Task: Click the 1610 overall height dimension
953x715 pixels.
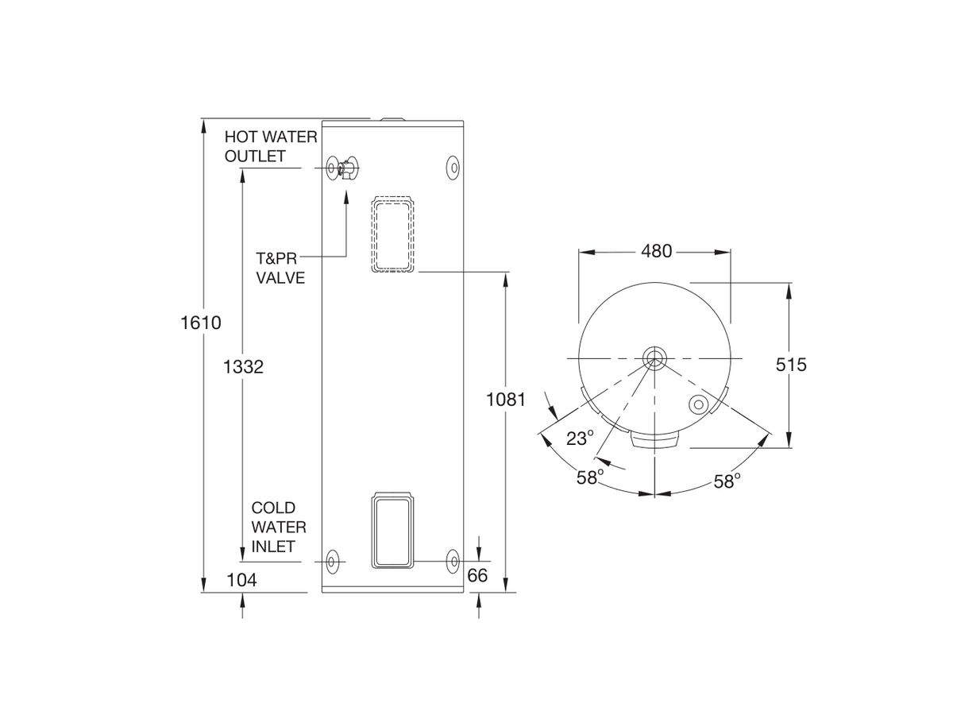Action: tap(201, 323)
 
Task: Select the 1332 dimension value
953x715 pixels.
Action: tap(242, 367)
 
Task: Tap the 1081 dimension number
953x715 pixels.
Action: tap(506, 400)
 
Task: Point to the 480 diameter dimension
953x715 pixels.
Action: tap(656, 252)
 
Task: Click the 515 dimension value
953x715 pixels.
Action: tap(790, 365)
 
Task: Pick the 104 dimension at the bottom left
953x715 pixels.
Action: tap(241, 580)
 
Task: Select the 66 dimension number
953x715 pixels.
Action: tap(477, 576)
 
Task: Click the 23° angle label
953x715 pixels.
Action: tap(580, 438)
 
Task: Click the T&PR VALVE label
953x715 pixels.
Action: tap(280, 269)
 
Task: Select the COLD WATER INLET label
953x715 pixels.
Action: tap(273, 527)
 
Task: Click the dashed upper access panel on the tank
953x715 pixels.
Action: tap(393, 234)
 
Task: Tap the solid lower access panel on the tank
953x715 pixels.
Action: tap(393, 531)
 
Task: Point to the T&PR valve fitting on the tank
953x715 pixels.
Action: tap(348, 169)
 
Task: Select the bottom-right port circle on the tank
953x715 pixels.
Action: tap(452, 561)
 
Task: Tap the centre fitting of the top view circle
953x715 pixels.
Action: tap(654, 357)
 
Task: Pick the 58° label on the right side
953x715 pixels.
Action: tap(726, 481)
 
